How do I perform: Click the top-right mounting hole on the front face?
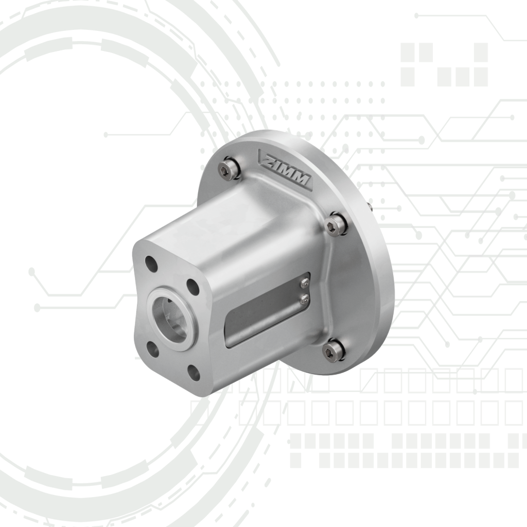click(x=193, y=287)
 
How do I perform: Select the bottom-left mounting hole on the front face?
click(x=153, y=348)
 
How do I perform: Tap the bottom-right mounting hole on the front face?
click(x=194, y=372)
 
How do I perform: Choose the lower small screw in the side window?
click(x=305, y=297)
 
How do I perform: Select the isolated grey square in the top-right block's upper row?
click(x=481, y=52)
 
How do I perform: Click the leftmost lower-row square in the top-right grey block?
click(x=408, y=77)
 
